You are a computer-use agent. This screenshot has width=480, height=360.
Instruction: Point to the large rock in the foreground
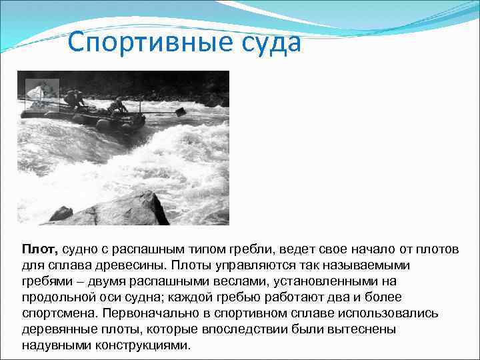pos(123,210)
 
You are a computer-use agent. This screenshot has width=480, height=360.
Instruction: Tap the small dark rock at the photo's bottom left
pos(61,213)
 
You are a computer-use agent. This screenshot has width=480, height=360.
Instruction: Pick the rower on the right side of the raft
pos(117,106)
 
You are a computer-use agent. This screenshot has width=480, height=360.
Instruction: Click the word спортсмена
pos(55,313)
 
